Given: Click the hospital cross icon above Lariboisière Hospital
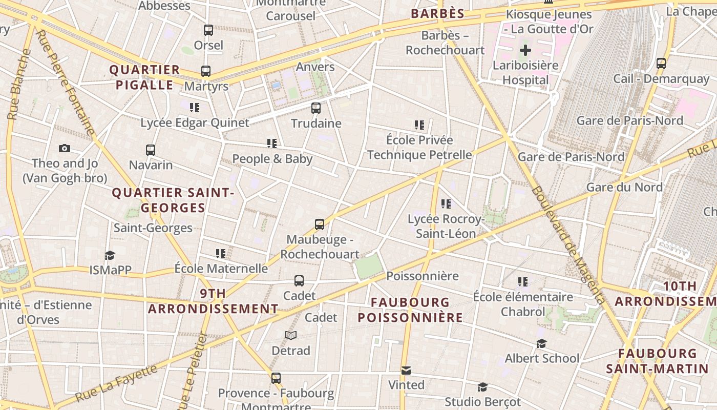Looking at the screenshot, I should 525,50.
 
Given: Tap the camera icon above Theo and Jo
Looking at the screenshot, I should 64,149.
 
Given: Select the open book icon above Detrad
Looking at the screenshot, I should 291,335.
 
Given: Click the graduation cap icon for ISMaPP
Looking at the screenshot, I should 110,255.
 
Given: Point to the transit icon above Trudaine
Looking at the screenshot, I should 316,108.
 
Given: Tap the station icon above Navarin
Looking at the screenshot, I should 151,150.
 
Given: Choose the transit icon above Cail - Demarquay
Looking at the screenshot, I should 661,64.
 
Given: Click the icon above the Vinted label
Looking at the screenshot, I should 406,370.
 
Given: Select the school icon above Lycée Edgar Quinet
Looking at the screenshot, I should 195,108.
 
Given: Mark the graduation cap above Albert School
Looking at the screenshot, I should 542,343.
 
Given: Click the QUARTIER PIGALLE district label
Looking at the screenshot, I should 144,77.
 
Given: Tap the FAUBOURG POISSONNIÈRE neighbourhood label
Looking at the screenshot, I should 410,310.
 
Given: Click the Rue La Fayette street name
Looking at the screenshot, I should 116,383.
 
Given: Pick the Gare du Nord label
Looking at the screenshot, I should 624,187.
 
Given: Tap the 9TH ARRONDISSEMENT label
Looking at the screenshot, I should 213,301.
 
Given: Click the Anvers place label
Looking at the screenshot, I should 315,67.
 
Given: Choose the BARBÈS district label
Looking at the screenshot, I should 437,14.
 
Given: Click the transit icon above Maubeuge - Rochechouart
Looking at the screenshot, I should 320,224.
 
